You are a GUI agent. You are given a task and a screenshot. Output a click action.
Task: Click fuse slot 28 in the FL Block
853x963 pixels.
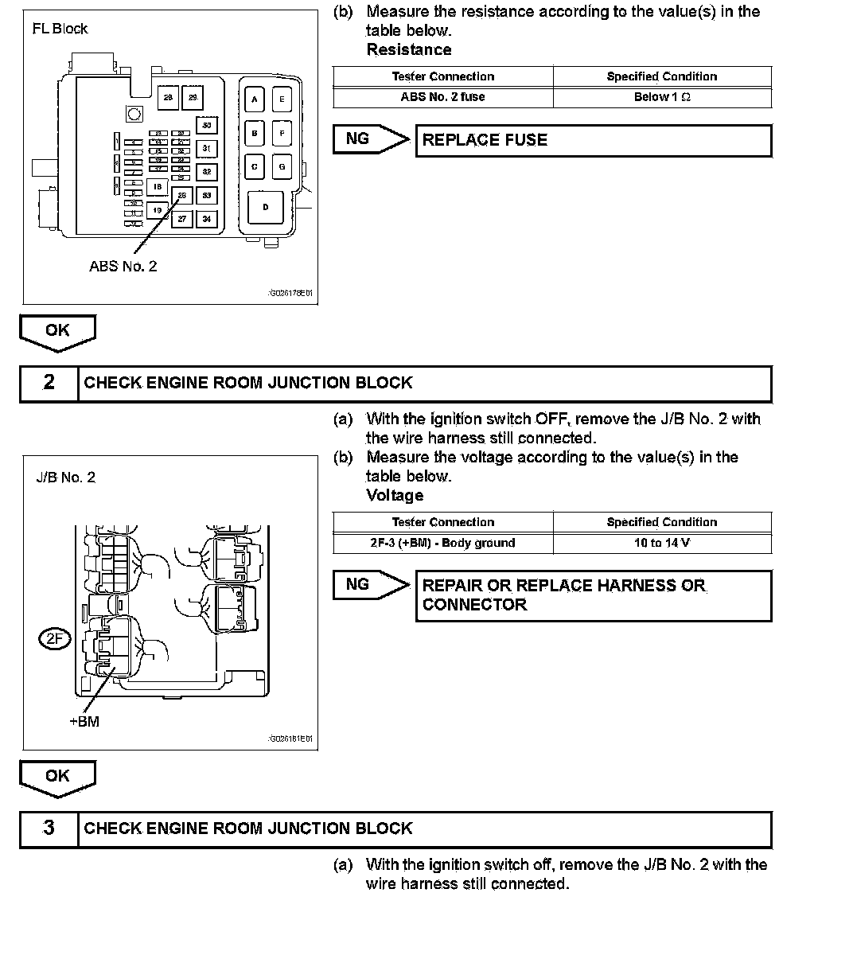pyautogui.click(x=168, y=97)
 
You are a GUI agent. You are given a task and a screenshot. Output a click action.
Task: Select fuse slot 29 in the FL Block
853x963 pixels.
pyautogui.click(x=193, y=97)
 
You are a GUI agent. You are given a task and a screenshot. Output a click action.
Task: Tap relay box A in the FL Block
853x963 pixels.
pyautogui.click(x=255, y=99)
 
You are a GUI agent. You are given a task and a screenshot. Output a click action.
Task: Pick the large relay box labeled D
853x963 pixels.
pyautogui.click(x=266, y=207)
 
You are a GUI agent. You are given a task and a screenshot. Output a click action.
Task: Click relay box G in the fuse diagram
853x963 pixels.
pyautogui.click(x=281, y=167)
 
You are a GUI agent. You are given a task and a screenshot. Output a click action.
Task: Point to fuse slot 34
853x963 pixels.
pyautogui.click(x=207, y=218)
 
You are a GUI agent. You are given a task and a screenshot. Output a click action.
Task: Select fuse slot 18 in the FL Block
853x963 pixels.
pyautogui.click(x=158, y=187)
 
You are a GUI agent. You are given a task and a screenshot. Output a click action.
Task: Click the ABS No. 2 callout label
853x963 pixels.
pyautogui.click(x=123, y=267)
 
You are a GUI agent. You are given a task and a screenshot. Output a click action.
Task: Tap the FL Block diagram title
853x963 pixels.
pyautogui.click(x=60, y=29)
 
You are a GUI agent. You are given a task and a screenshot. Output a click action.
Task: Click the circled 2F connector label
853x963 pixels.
pyautogui.click(x=56, y=637)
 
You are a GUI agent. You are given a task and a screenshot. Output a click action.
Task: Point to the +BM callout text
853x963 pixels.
pyautogui.click(x=84, y=722)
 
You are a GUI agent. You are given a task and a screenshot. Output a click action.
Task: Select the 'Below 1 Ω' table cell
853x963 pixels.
pyautogui.click(x=662, y=97)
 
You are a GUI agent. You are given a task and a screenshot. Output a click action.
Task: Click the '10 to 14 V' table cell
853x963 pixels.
pyautogui.click(x=662, y=543)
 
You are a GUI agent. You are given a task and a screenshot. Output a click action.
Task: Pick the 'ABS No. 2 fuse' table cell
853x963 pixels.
pyautogui.click(x=442, y=97)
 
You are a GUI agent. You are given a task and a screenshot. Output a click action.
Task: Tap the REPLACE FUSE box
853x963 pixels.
pyautogui.click(x=594, y=141)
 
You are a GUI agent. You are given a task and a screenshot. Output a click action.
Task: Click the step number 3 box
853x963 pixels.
pyautogui.click(x=49, y=828)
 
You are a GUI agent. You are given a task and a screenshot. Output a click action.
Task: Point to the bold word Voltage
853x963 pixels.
pyautogui.click(x=395, y=495)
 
